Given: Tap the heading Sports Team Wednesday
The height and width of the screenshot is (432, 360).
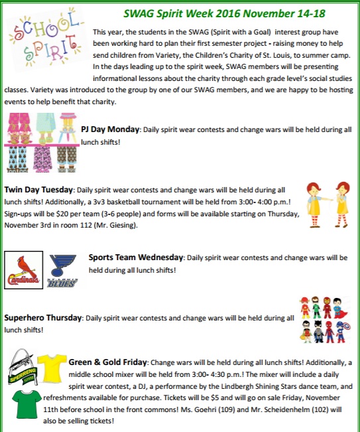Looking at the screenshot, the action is pos(136,257).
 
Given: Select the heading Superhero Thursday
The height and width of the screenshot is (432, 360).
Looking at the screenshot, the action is pos(42,318).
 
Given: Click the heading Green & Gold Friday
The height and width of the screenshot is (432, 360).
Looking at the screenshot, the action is pos(108,363).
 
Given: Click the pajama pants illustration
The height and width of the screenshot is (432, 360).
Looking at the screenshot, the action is pos(39,141).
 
